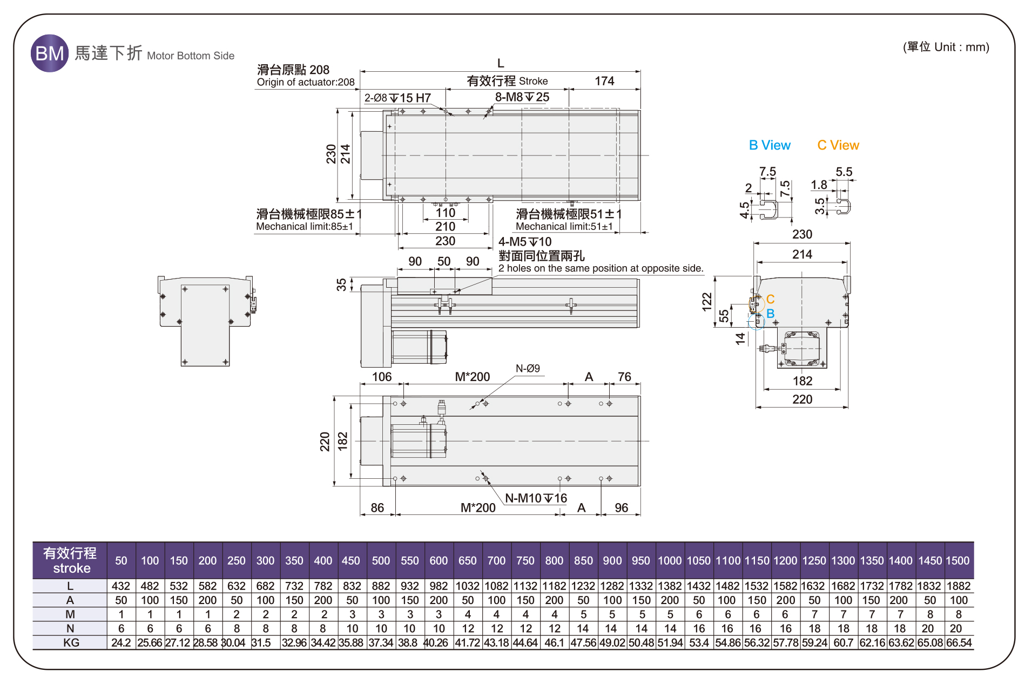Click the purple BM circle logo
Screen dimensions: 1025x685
coord(50,53)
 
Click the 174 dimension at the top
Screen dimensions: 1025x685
coord(604,81)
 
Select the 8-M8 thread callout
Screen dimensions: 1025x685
coord(522,97)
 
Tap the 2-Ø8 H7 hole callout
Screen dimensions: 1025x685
coord(397,98)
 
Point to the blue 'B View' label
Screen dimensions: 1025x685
coord(770,145)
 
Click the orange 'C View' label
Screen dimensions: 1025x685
coord(838,145)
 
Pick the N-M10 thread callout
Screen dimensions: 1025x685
coord(536,498)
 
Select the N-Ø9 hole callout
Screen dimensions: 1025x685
coord(528,369)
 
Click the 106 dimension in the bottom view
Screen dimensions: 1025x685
coord(382,377)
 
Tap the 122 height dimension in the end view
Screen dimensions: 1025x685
coord(707,302)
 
